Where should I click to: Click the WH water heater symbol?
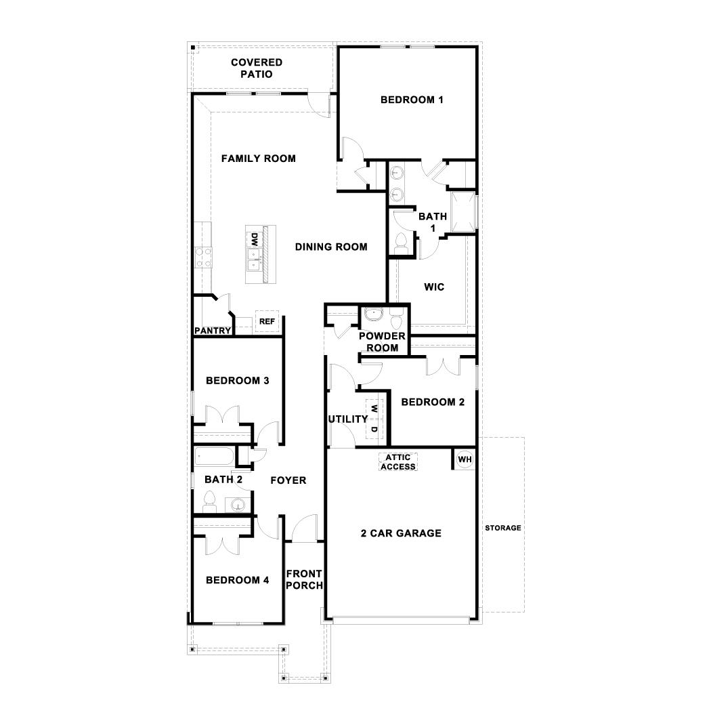[x=464, y=459]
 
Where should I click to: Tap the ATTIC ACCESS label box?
[x=398, y=462]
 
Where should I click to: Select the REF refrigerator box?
[x=267, y=321]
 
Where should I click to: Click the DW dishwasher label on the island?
[x=255, y=239]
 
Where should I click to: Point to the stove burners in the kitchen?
[x=203, y=256]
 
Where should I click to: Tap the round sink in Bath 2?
[x=237, y=505]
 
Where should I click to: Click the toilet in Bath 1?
[x=400, y=243]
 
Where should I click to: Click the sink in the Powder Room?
[x=374, y=314]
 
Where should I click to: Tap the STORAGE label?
[x=502, y=528]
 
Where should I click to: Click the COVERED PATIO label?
[x=257, y=68]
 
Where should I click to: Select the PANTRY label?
[x=213, y=331]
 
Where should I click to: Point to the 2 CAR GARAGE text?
[x=400, y=533]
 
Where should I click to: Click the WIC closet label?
[x=434, y=287]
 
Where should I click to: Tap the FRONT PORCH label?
[x=304, y=580]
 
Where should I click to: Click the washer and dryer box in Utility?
[x=374, y=419]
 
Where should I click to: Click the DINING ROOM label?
[x=331, y=247]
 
